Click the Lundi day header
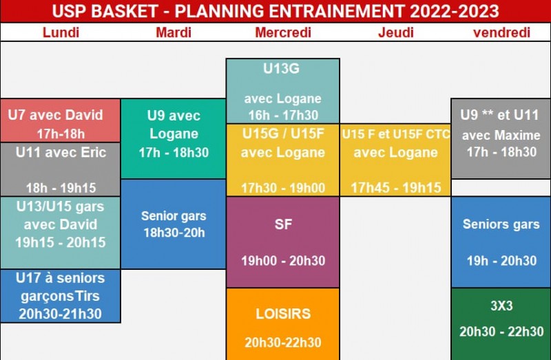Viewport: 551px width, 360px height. click(x=61, y=32)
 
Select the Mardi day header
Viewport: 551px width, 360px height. click(x=174, y=32)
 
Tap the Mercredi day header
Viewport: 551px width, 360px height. click(x=283, y=32)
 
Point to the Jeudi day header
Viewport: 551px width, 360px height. click(x=395, y=32)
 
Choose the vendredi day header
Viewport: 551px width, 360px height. click(x=501, y=32)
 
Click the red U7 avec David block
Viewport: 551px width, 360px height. click(x=61, y=120)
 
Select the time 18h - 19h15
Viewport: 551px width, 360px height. click(x=61, y=188)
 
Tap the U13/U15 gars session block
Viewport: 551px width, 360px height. click(x=61, y=233)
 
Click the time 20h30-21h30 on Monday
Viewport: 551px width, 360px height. click(x=61, y=314)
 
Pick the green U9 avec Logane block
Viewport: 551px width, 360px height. click(x=174, y=139)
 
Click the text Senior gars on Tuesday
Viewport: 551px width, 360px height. click(x=174, y=216)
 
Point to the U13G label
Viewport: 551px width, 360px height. click(x=282, y=68)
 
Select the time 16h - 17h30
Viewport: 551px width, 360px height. click(x=283, y=115)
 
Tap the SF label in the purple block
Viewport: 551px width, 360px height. click(x=283, y=224)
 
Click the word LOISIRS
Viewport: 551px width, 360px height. click(x=283, y=314)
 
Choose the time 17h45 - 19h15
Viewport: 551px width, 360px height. click(x=396, y=188)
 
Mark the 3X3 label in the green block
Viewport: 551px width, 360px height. click(x=501, y=306)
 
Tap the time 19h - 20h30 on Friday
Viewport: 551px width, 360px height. click(x=501, y=261)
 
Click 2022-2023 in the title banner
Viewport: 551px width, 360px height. click(x=455, y=11)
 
